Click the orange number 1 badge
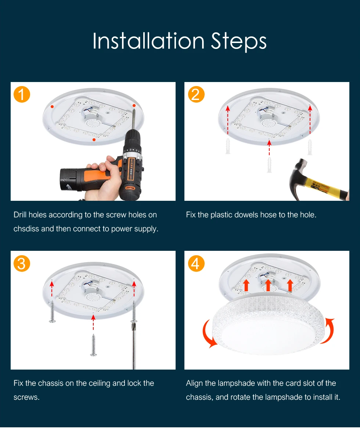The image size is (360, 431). point(22,94)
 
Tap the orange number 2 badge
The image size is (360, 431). point(196,94)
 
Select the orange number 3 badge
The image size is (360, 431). point(22,263)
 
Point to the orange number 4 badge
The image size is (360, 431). point(196,263)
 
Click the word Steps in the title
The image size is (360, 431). point(239,42)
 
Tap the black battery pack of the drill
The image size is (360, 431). point(71,180)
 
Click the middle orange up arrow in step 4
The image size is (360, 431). point(268,285)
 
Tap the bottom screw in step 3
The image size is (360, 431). point(93,345)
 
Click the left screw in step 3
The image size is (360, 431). point(52,312)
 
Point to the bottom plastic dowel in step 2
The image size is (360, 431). point(269,165)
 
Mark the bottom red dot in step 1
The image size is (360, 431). point(94,140)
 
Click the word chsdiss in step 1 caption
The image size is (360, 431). point(26,229)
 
